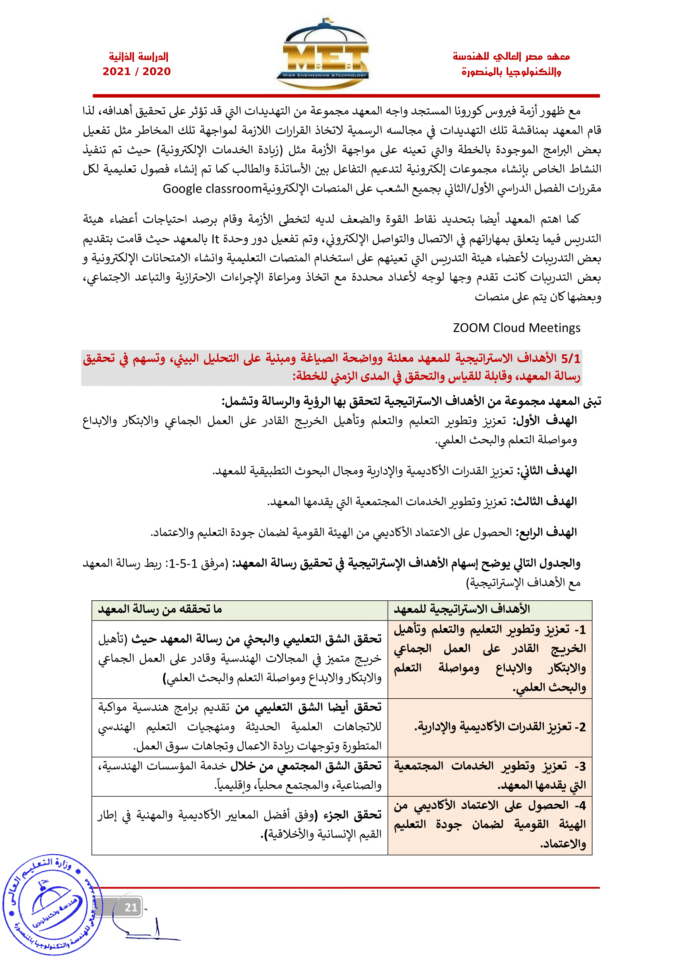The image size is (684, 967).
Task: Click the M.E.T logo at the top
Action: [x=323, y=55]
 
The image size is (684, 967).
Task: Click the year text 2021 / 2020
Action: [x=136, y=72]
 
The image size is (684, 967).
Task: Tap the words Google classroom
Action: [x=212, y=189]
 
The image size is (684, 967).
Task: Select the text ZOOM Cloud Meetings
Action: [x=517, y=328]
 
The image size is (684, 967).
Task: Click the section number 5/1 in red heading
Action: [x=570, y=358]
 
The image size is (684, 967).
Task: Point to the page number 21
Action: [x=131, y=907]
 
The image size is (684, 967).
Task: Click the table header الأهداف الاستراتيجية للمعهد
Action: [x=462, y=609]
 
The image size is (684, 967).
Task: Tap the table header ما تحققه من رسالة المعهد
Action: [x=160, y=609]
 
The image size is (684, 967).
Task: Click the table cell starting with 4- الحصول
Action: [x=490, y=825]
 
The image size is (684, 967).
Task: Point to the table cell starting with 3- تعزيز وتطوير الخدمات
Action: [x=490, y=775]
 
